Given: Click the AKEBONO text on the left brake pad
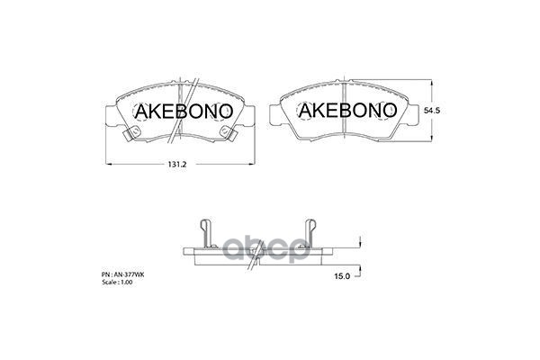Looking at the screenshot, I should tap(184, 111).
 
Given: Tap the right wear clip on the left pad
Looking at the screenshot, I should tap(230, 133).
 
